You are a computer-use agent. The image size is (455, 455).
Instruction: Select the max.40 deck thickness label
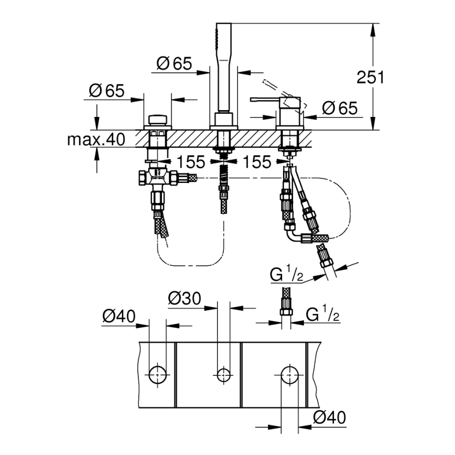click(x=96, y=139)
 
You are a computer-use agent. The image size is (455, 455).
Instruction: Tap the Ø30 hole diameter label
click(x=184, y=299)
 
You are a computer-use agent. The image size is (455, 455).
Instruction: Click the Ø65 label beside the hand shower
click(x=174, y=64)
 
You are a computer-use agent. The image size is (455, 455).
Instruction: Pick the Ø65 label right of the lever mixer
click(x=340, y=109)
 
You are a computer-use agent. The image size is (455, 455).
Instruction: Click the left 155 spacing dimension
click(x=190, y=162)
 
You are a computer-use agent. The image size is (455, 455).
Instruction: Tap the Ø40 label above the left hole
click(x=118, y=316)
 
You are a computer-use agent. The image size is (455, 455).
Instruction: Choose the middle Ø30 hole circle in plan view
click(x=223, y=374)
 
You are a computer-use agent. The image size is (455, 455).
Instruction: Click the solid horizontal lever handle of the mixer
click(x=265, y=99)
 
